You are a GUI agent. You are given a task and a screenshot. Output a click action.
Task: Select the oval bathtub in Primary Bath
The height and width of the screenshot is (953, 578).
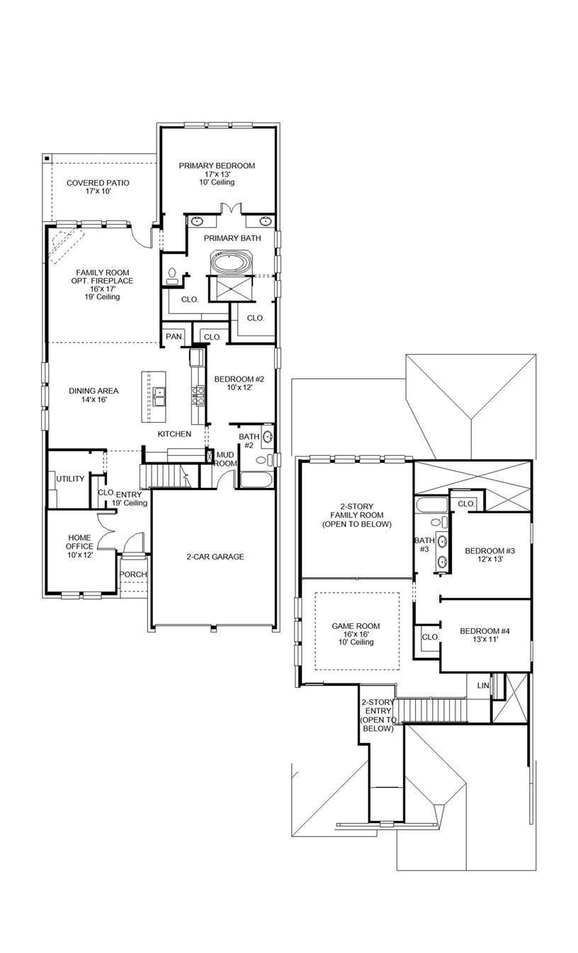tap(229, 263)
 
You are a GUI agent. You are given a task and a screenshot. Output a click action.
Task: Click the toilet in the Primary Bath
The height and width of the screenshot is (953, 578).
tap(172, 276)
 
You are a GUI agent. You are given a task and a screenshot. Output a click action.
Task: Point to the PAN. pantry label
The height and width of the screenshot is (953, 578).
tap(174, 337)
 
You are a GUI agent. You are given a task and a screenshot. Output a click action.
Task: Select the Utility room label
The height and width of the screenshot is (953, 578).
tap(70, 479)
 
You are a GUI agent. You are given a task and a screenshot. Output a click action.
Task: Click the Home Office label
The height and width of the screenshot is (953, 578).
tap(79, 542)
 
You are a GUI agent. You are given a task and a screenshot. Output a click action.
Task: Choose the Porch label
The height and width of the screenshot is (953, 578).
tap(132, 574)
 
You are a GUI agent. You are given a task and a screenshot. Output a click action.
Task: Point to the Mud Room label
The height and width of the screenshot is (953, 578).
tap(225, 459)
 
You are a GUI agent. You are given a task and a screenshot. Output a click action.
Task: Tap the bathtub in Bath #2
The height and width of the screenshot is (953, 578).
tap(256, 479)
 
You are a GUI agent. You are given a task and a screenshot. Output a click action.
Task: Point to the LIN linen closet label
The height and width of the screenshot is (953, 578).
tap(482, 686)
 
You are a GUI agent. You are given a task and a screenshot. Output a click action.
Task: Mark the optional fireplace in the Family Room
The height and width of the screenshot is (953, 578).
tap(63, 244)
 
